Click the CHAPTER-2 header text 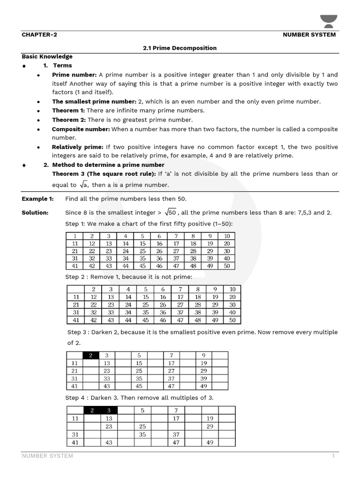pos(39,35)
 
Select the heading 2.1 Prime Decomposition pos(180,48)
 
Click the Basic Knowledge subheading pos(47,57)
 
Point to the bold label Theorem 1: pos(68,111)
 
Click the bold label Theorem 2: pos(69,120)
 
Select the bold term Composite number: pos(81,129)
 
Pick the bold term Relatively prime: pos(77,147)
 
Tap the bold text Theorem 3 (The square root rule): pos(104,174)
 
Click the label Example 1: pos(37,199)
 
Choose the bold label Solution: pos(35,213)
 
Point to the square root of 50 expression pos(169,212)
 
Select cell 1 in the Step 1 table pos(74,236)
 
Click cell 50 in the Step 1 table pos(227,266)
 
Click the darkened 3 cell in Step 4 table pos(109,411)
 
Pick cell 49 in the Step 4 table pos(210,442)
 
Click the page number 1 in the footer pos(333,456)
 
